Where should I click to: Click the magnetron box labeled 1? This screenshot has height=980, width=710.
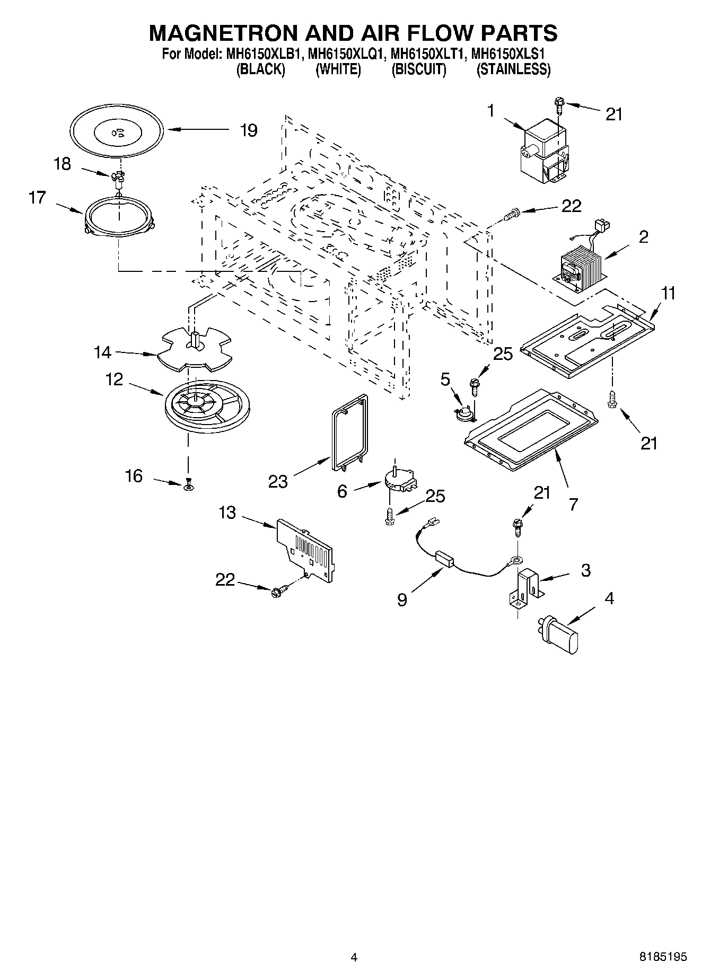544,152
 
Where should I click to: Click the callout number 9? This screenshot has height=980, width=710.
402,599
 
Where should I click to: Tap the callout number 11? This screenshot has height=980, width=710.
668,293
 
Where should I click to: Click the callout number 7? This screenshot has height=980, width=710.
573,504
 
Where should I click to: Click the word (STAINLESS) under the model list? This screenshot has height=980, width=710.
513,69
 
